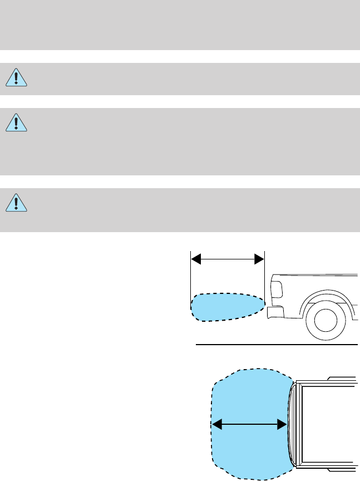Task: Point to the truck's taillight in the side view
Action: click(276, 289)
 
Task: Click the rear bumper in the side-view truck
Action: click(274, 312)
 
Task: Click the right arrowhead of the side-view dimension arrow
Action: click(259, 259)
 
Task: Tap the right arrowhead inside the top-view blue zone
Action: click(282, 425)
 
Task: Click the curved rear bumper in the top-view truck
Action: click(292, 424)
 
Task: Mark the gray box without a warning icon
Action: click(180, 25)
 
